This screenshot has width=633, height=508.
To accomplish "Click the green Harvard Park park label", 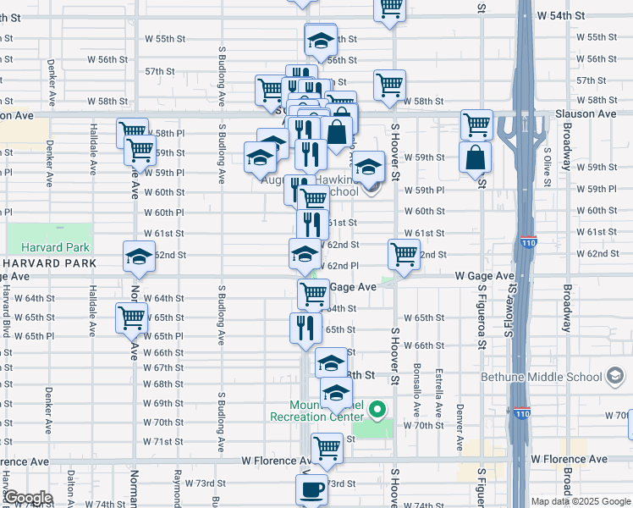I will click(x=47, y=247).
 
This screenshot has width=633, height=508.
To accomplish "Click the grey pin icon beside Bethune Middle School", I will click(x=614, y=377).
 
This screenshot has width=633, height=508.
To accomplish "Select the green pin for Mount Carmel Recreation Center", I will click(x=378, y=411).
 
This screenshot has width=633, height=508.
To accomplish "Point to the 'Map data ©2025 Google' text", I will click(x=581, y=501).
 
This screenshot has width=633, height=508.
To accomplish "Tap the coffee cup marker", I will click(x=311, y=489).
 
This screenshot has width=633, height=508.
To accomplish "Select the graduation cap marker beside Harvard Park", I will click(x=139, y=257).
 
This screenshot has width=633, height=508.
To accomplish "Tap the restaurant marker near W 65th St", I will click(x=305, y=326).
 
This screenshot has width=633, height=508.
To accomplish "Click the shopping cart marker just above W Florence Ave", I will click(x=327, y=445).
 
